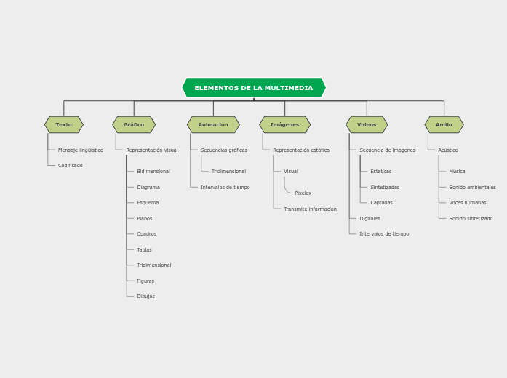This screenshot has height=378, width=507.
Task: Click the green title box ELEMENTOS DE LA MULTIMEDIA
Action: [x=253, y=88]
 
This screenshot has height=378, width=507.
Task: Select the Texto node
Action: [x=64, y=125]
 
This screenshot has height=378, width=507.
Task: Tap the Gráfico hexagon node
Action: [x=134, y=125]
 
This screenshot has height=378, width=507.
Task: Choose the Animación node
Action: [x=213, y=125]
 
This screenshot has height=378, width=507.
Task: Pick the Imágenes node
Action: [x=284, y=125]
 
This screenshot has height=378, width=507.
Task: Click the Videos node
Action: [x=367, y=125]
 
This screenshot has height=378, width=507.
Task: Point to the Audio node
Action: [x=444, y=125]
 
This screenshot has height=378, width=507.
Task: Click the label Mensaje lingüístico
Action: [x=81, y=150]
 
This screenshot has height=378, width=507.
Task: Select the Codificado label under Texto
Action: [x=71, y=166]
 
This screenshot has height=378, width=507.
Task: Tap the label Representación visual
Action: [x=152, y=150]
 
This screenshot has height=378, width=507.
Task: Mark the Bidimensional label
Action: [x=153, y=172]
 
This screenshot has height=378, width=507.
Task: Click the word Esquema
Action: [x=148, y=203]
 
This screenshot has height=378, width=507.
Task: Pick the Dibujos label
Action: [x=145, y=297]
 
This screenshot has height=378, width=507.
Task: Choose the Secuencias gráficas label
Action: [x=224, y=150]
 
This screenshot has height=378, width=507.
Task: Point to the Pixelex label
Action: [x=303, y=193]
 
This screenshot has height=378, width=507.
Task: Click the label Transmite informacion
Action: [x=310, y=209]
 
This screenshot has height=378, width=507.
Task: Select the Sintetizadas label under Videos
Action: [x=385, y=188]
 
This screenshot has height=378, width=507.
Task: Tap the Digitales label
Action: [x=370, y=219]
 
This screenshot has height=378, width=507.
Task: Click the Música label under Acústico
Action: [x=457, y=172]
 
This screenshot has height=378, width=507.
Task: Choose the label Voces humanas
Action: [x=467, y=203]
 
